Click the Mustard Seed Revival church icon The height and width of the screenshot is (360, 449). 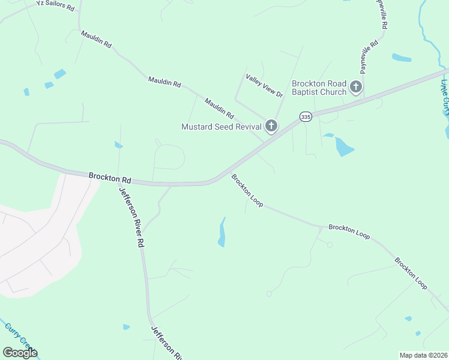[271, 126]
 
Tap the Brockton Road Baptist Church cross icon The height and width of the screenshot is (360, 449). [355, 88]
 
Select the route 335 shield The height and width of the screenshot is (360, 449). [306, 117]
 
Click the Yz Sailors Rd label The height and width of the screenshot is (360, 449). [55, 6]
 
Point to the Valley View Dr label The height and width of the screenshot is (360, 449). [264, 85]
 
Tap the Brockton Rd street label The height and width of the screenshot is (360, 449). [110, 178]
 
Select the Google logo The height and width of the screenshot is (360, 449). [20, 352]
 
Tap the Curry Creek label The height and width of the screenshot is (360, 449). [17, 335]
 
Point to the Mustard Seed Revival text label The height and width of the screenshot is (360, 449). [221, 127]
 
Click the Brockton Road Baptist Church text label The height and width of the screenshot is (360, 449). [319, 88]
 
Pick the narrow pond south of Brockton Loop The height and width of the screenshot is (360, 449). [222, 233]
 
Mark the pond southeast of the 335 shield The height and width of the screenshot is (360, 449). [343, 145]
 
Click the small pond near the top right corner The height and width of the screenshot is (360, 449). [402, 58]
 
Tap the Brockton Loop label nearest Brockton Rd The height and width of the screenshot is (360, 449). [247, 191]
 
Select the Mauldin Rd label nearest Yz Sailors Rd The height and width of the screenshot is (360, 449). [96, 40]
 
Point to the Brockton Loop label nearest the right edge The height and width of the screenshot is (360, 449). [411, 274]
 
